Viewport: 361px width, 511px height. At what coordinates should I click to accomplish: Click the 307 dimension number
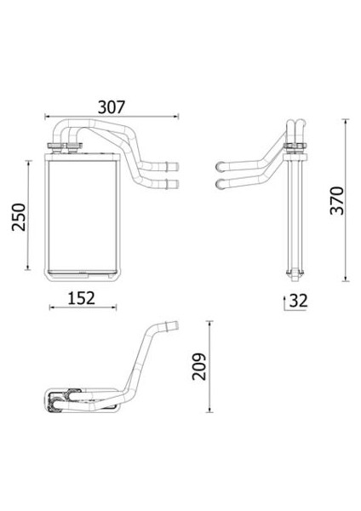tap(112, 107)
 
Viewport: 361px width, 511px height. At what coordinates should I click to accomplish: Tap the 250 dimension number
tap(19, 217)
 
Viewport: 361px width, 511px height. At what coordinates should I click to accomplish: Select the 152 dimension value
tap(82, 298)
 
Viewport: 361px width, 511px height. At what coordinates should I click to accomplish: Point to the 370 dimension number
tap(337, 200)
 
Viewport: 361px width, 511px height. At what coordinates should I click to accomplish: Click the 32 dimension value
tap(299, 301)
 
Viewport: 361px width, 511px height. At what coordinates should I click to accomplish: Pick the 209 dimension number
tap(199, 366)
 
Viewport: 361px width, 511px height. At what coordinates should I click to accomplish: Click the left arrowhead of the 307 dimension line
tap(47, 116)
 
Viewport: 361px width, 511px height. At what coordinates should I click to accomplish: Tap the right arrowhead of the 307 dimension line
tap(176, 116)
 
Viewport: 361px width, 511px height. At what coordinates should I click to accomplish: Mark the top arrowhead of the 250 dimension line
tap(29, 163)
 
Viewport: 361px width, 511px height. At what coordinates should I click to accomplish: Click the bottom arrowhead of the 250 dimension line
tap(29, 267)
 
